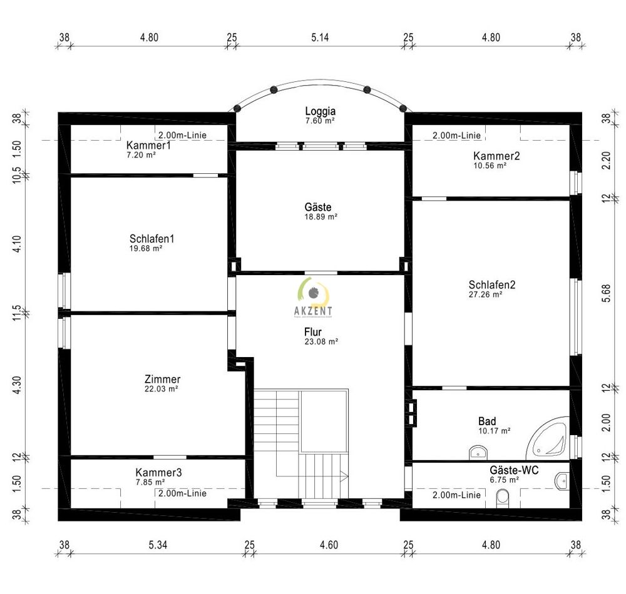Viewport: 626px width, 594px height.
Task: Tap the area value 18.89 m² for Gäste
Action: (x=320, y=217)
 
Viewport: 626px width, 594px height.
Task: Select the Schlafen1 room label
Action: (x=151, y=239)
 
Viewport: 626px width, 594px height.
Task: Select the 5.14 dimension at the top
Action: (x=320, y=38)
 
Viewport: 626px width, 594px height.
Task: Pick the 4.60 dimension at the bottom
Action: (x=328, y=545)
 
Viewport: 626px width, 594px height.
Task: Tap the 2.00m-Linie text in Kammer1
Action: (x=182, y=135)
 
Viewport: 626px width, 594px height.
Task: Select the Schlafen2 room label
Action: (x=491, y=285)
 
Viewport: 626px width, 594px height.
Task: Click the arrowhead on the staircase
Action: (x=344, y=477)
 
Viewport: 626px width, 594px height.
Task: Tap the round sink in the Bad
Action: (x=477, y=451)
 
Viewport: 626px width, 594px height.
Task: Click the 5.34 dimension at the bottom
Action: (x=157, y=545)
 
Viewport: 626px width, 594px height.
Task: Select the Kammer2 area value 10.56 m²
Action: (x=496, y=166)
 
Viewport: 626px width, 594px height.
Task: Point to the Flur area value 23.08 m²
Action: (x=320, y=342)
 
